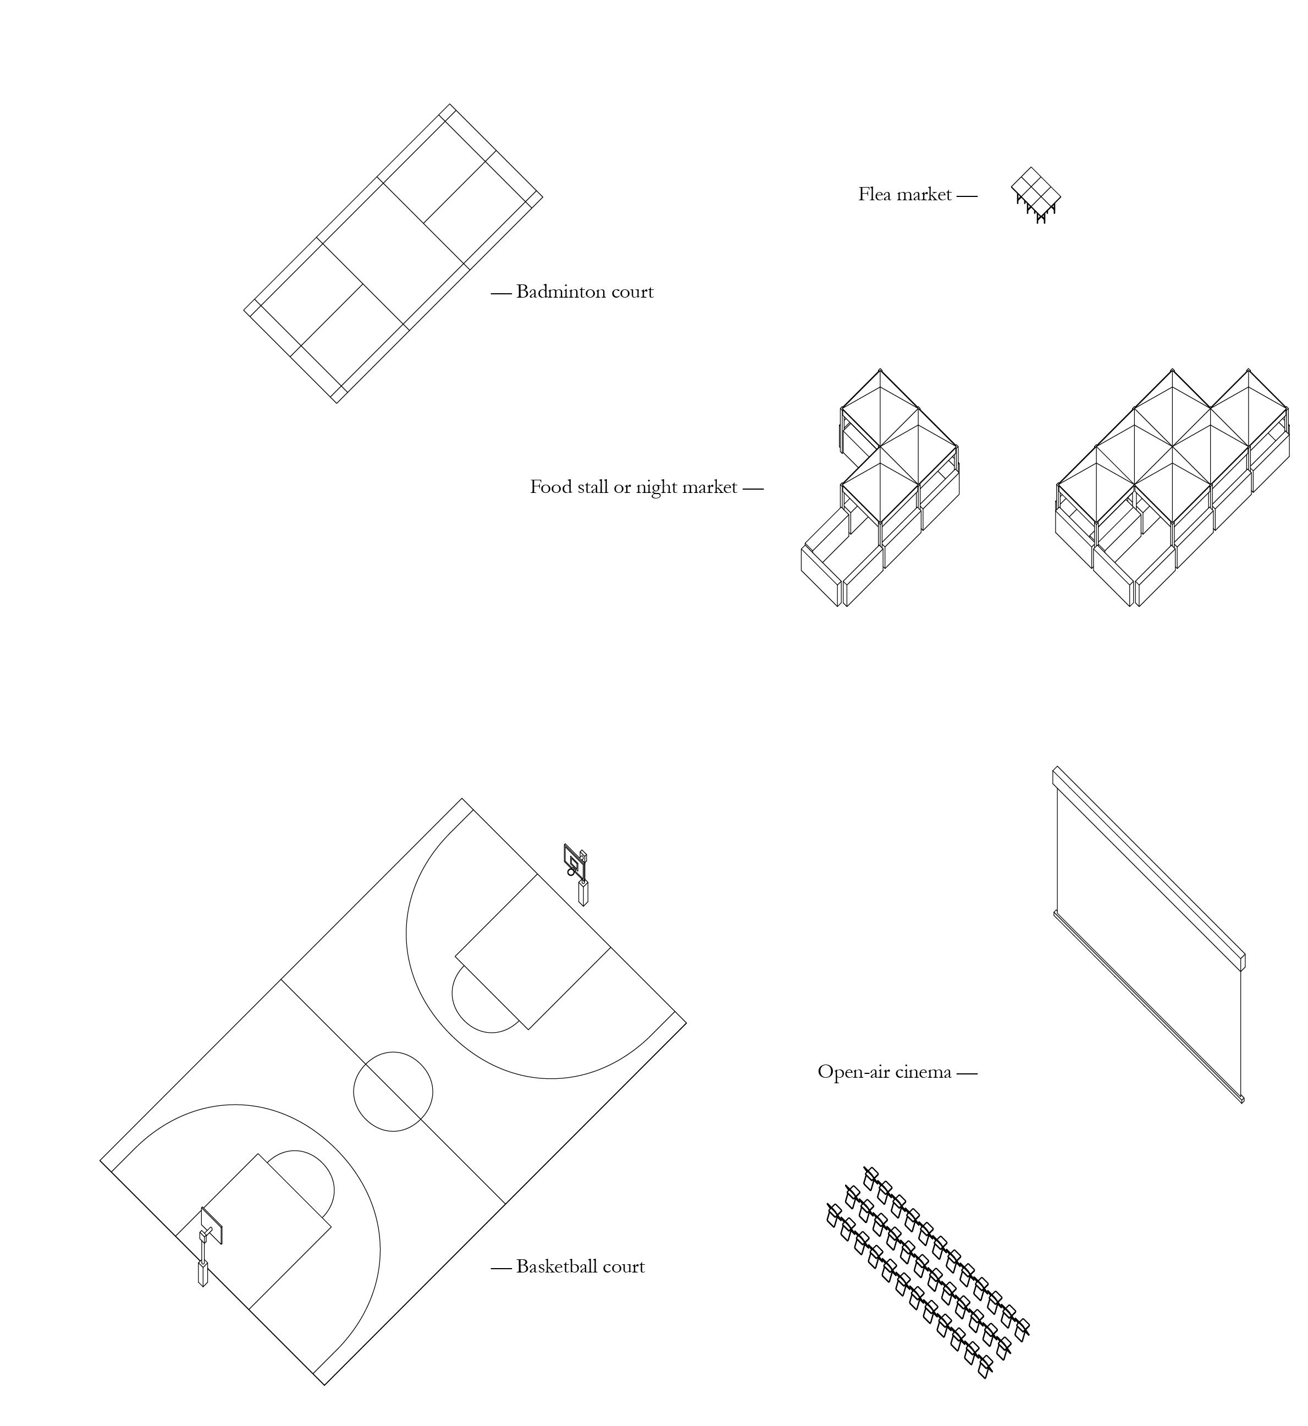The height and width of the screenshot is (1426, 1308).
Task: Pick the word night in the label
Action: pyautogui.click(x=658, y=488)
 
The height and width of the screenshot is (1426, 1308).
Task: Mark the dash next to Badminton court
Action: pyautogui.click(x=501, y=293)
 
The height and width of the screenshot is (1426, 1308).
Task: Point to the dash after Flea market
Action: pyautogui.click(x=967, y=195)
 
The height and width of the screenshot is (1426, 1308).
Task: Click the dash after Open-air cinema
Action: pyautogui.click(x=967, y=1073)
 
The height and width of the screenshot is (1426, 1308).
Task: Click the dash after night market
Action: pyautogui.click(x=753, y=488)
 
